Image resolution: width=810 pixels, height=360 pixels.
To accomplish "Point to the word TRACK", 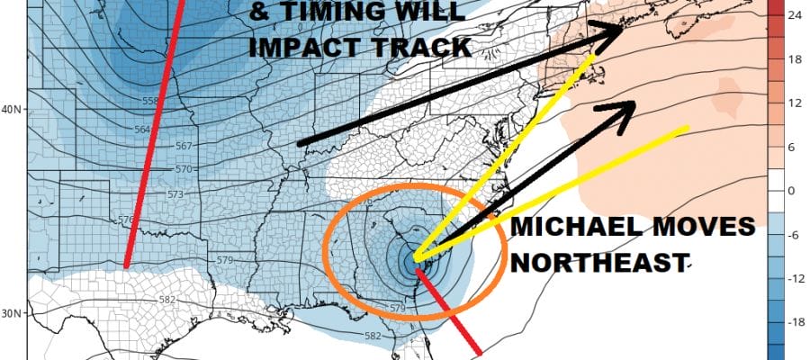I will (x=420, y=46).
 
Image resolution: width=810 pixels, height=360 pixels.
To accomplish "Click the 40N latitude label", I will (x=12, y=110).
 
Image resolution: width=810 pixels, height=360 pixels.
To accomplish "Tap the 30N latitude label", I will (x=12, y=313).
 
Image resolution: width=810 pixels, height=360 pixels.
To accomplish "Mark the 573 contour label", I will (x=176, y=194).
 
